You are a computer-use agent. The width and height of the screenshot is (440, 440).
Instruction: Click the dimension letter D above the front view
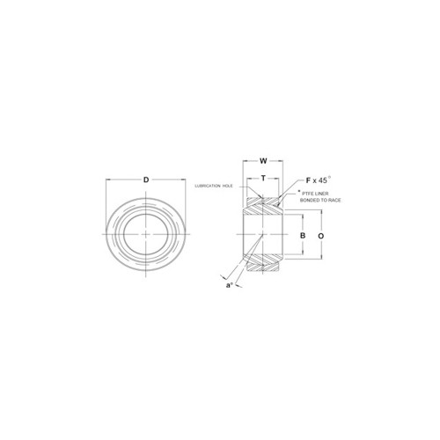tap(145, 180)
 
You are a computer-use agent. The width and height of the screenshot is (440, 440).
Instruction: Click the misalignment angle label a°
tap(231, 286)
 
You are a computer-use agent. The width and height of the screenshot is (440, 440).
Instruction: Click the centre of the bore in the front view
tap(145, 236)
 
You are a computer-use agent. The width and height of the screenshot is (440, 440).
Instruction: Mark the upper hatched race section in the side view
tap(262, 205)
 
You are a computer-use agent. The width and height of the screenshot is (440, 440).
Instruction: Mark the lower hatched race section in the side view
tap(262, 268)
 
